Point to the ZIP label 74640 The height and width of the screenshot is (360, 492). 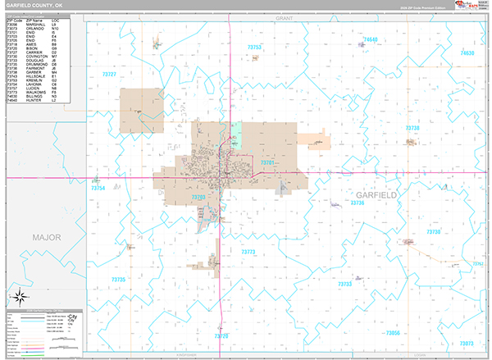[371, 39]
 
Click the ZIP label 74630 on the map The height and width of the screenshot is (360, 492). [467, 52]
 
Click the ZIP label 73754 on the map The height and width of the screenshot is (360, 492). [98, 189]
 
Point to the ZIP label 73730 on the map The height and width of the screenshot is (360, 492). [434, 232]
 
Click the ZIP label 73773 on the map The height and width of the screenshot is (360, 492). [249, 252]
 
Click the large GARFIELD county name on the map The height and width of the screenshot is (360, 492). [376, 195]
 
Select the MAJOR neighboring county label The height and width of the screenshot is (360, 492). [47, 236]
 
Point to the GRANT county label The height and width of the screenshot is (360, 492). [285, 16]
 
